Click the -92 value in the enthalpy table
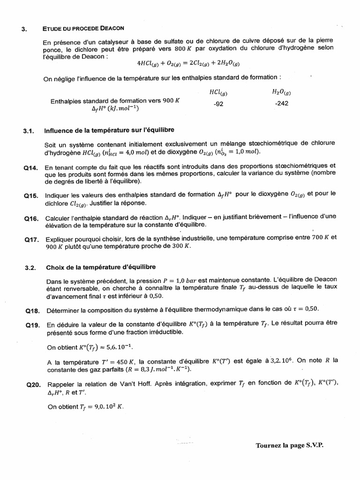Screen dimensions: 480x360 (x=218, y=104)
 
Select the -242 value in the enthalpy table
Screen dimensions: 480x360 (x=282, y=104)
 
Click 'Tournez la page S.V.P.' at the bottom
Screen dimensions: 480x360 (x=289, y=445)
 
